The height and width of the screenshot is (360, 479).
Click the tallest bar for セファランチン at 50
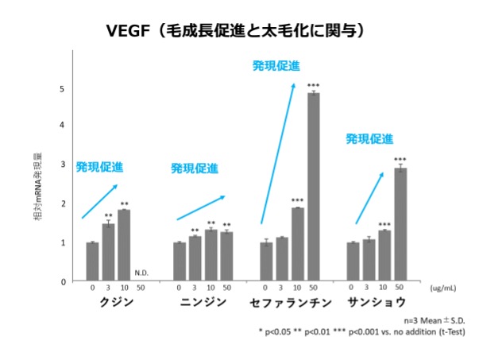(314, 187)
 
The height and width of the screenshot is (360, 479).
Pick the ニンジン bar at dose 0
(180, 261)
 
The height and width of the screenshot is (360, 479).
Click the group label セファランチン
(290, 303)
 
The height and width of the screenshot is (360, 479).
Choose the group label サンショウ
(377, 303)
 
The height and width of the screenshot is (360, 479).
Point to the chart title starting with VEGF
(239, 32)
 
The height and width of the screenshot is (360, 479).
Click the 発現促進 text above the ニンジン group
(195, 168)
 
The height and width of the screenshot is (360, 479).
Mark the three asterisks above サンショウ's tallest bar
(400, 160)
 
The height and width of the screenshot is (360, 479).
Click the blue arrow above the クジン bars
(100, 201)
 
